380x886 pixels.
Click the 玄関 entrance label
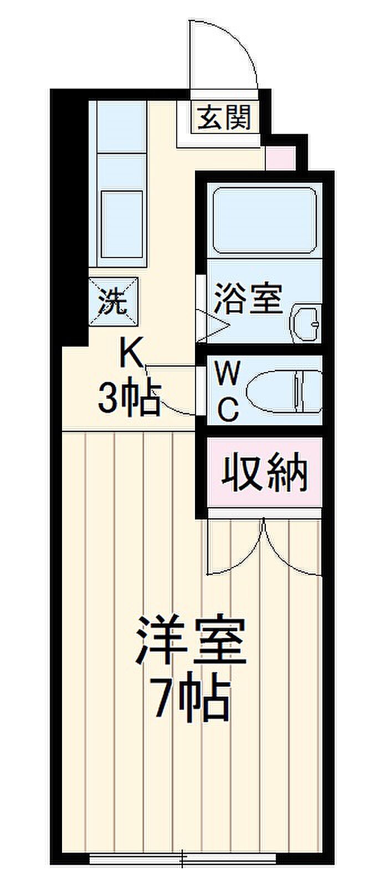click(224, 117)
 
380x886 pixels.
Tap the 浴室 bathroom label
click(249, 299)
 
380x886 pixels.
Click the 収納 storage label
click(265, 472)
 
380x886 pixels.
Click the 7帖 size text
click(191, 699)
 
